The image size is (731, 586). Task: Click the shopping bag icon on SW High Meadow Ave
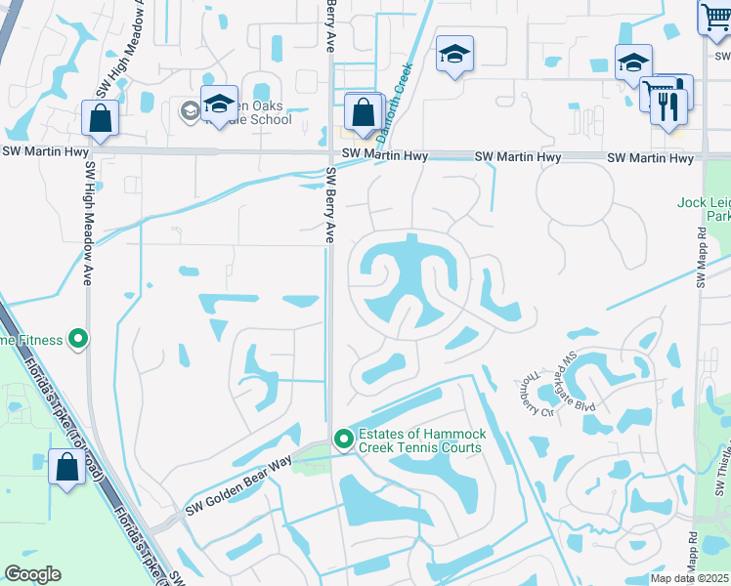point(101,119)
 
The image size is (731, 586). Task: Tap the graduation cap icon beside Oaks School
point(219,104)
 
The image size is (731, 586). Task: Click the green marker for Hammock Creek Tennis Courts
point(343,440)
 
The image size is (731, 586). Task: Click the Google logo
point(32,574)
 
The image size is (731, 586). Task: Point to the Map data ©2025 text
point(688,579)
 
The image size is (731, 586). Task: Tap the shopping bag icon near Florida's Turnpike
point(66,466)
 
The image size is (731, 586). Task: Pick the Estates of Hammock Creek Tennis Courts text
point(420,440)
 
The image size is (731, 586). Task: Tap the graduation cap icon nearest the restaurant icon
point(632,63)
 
